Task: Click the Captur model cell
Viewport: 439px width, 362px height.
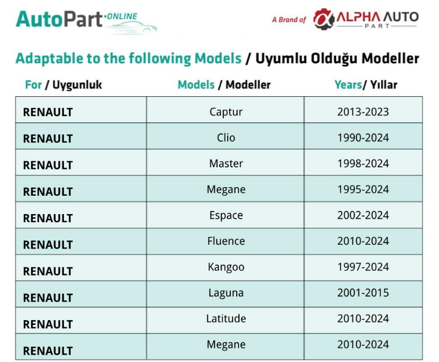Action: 226,112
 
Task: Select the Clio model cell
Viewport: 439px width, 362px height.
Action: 226,138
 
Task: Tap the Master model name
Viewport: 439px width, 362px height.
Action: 226,164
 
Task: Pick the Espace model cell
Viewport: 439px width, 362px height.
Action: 226,215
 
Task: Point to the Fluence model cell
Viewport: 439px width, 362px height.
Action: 226,241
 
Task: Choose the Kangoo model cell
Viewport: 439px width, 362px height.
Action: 226,267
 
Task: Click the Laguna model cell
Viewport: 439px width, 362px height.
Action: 226,293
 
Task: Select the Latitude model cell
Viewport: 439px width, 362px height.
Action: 226,318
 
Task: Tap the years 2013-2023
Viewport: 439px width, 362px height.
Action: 363,112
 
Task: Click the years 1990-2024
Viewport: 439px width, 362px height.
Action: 363,138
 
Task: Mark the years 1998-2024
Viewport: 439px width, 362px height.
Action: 363,164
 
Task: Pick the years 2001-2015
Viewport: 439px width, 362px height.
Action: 363,293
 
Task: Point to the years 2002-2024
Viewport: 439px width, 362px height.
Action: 363,215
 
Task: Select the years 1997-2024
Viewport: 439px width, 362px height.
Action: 363,267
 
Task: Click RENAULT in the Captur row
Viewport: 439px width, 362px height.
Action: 48,112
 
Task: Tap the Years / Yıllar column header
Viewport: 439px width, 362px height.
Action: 366,84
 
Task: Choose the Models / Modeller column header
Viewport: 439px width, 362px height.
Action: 224,84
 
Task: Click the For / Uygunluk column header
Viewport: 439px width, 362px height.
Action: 63,85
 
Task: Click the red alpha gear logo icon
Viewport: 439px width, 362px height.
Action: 324,19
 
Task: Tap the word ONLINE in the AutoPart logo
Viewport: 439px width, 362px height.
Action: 122,16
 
